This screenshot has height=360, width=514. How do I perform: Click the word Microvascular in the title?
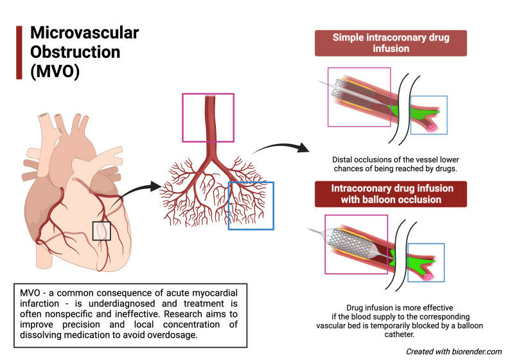[84, 33]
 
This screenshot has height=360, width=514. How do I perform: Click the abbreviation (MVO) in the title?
[55, 71]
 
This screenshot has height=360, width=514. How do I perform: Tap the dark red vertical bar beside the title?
[19, 52]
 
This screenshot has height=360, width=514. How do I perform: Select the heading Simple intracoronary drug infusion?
[391, 42]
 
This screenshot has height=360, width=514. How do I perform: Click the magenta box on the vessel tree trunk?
[208, 117]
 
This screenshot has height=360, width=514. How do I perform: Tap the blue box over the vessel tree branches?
[251, 205]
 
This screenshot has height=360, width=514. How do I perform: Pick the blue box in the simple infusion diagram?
[429, 115]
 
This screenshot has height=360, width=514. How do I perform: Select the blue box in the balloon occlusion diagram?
[426, 262]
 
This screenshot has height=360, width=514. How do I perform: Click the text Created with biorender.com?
[454, 351]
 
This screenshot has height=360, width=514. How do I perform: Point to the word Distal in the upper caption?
[345, 159]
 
